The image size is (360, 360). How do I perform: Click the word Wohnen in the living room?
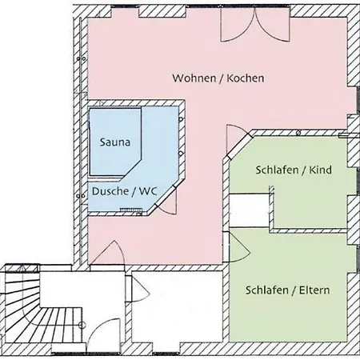click(194, 78)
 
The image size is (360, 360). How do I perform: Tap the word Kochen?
click(246, 78)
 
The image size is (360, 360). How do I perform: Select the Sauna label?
click(115, 142)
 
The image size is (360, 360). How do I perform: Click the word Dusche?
click(110, 191)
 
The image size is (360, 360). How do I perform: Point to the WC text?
click(148, 191)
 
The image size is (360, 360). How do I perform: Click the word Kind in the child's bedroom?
click(320, 170)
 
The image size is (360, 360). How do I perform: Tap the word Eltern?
click(314, 290)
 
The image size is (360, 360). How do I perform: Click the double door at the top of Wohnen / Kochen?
click(255, 25)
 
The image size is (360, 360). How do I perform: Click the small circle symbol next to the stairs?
click(82, 325)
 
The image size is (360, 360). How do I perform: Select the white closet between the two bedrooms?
click(250, 210)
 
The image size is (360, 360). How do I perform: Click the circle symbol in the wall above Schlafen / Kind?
click(298, 133)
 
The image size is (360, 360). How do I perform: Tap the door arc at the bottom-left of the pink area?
click(112, 252)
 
